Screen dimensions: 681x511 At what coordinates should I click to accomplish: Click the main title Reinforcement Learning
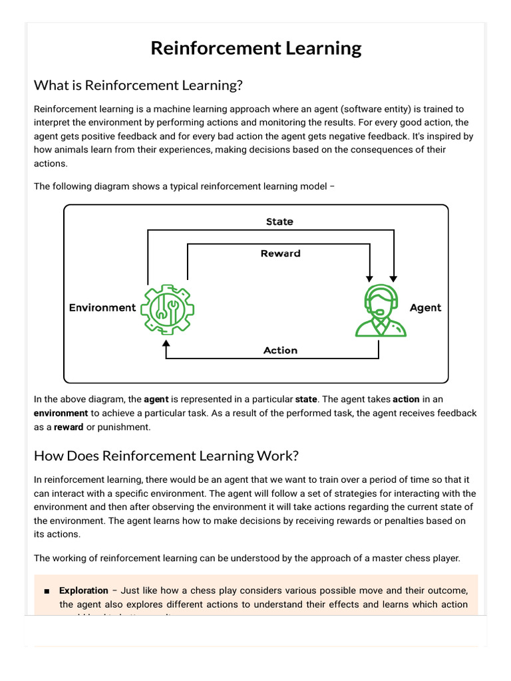point(255,49)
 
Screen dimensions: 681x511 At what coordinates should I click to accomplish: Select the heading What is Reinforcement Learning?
point(138,86)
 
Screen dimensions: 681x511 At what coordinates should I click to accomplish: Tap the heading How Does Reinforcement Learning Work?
point(166,456)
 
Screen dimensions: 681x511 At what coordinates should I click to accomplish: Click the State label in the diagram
point(279,221)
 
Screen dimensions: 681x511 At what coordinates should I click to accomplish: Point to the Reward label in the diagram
point(280,253)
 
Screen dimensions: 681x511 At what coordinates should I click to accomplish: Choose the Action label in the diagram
point(280,350)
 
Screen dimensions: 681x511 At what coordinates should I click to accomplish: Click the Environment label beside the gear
point(102,308)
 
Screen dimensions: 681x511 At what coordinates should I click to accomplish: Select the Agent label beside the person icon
point(425,308)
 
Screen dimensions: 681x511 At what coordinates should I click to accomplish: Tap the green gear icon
point(166,309)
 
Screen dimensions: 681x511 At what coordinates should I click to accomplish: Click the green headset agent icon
point(381,309)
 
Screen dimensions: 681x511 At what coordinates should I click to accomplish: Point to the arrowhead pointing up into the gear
point(166,345)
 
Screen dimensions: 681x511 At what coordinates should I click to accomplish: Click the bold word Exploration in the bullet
point(84,591)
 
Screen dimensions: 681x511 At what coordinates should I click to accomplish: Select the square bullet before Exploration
point(47,591)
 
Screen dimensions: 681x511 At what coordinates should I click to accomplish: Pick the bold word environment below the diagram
point(61,413)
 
